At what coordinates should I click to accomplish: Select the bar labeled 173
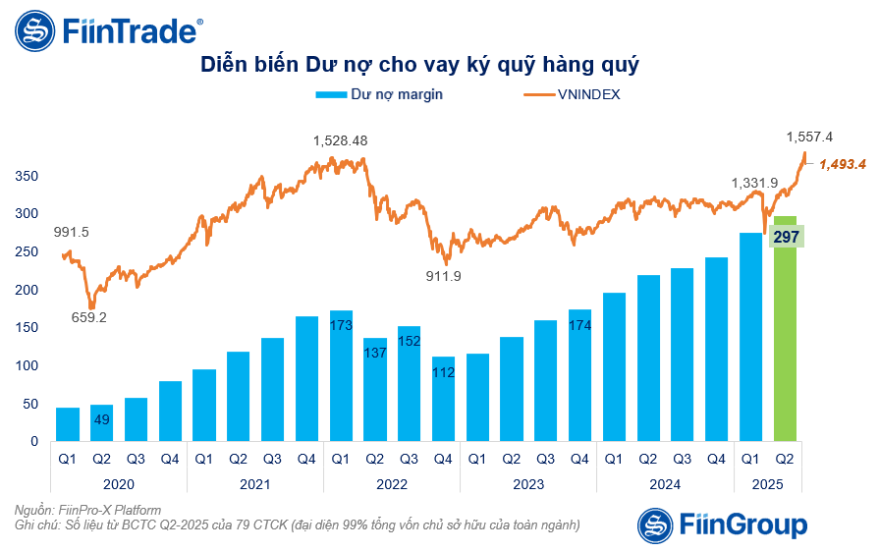coord(342,378)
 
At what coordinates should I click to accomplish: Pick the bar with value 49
coord(102,423)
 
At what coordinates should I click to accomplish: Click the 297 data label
coord(788,237)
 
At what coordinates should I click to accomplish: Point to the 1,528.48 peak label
coord(340,140)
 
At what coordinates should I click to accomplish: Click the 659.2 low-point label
coord(88,317)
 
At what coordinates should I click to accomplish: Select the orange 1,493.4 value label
coord(842,164)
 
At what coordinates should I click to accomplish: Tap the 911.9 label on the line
coord(442,276)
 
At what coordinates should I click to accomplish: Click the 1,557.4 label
coord(809,137)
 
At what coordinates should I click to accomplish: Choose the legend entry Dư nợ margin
coord(379,95)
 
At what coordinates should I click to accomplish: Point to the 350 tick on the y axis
coord(27,176)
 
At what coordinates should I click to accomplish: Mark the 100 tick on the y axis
coord(27,365)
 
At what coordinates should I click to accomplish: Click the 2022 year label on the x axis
coord(392,484)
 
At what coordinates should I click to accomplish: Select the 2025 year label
coord(769,484)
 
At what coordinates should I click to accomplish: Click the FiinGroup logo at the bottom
coord(722,524)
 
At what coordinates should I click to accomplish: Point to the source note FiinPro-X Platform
coord(88,510)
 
